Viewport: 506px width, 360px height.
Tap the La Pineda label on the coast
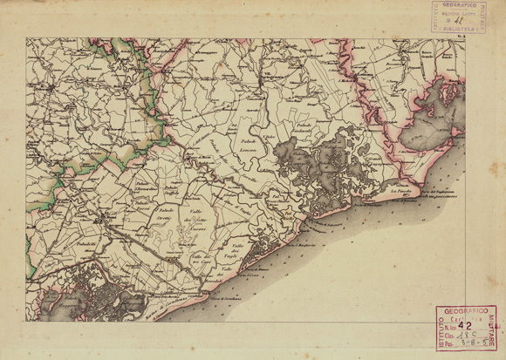[x=400, y=189]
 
